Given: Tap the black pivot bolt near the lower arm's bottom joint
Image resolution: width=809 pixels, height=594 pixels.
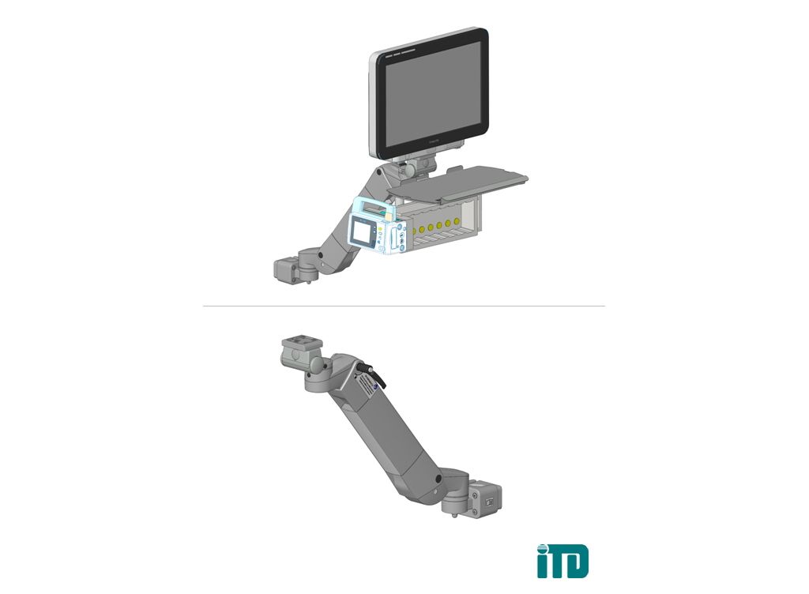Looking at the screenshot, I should pos(438,480).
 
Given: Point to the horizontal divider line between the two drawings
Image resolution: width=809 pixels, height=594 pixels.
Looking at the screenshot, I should pos(404,306).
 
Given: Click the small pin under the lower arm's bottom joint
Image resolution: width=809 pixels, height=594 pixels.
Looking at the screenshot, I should pos(456,517).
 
